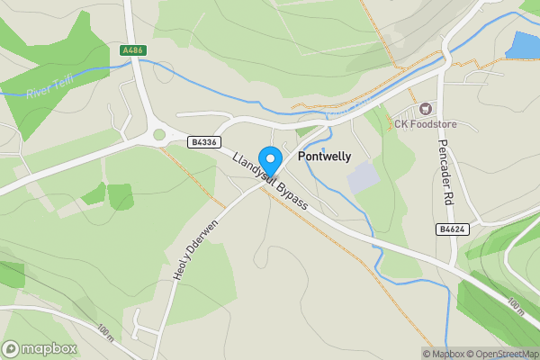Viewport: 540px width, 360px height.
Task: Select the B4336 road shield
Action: pos(204,142)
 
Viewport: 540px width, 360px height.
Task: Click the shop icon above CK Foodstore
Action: pos(427,107)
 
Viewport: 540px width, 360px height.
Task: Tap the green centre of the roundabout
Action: pos(160,135)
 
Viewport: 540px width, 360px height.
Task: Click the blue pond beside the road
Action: pos(522,45)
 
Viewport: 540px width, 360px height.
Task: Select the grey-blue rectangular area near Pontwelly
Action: pos(363,176)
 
